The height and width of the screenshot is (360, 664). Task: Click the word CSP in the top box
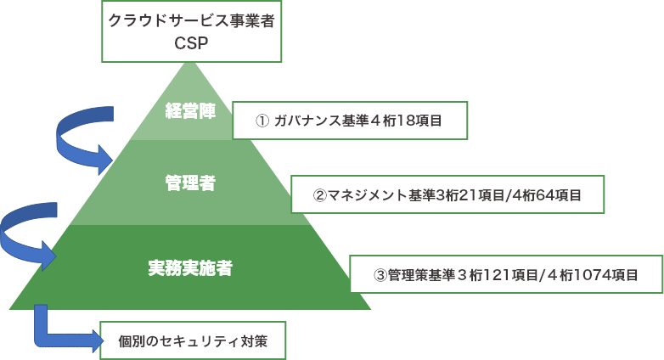click(x=191, y=42)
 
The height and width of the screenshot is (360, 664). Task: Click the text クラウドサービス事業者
click(x=191, y=20)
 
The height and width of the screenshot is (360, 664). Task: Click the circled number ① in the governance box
click(x=262, y=121)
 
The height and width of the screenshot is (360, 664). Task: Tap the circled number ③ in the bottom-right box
click(x=380, y=275)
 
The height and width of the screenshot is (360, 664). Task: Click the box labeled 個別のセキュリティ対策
click(x=193, y=341)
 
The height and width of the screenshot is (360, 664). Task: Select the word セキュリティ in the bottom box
click(x=192, y=341)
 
